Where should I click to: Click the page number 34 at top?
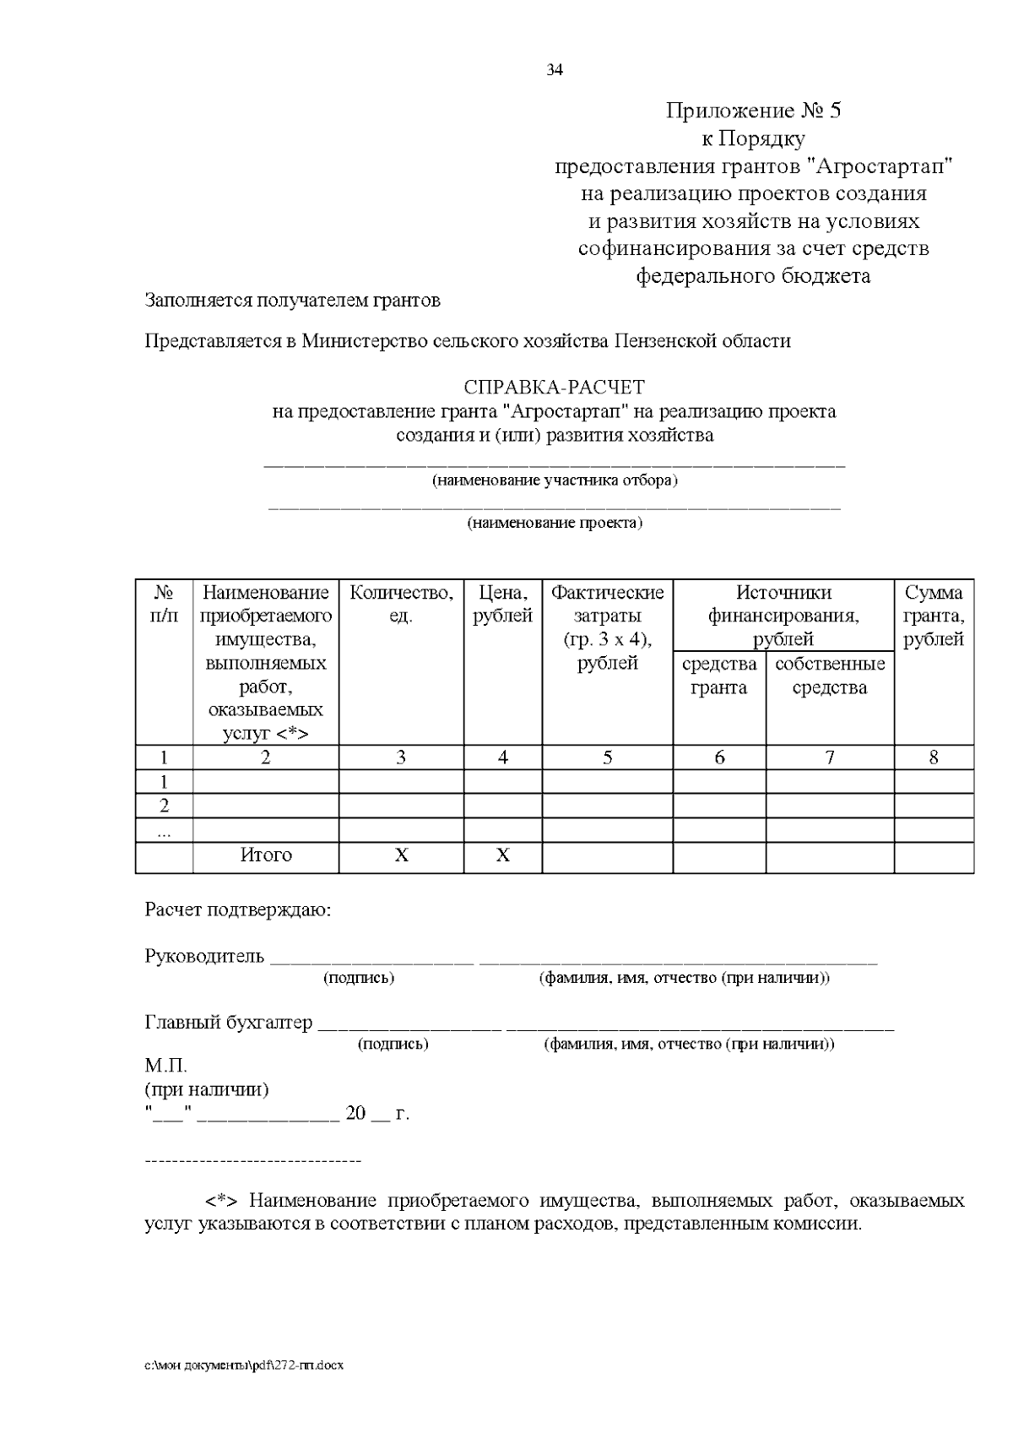point(555,70)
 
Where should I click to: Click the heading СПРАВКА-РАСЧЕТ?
point(554,388)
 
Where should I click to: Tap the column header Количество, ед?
point(401,604)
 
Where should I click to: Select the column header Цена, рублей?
point(502,604)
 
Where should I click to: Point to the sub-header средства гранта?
point(719,676)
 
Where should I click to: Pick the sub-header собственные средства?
point(830,676)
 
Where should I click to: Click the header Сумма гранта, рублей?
point(934,616)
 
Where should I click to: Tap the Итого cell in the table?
point(266,855)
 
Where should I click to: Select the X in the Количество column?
point(401,855)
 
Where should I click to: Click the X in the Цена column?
point(502,855)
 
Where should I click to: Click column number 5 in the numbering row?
point(607,757)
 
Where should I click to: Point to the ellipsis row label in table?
point(164,831)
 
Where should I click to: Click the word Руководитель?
point(204,957)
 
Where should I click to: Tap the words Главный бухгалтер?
point(229,1023)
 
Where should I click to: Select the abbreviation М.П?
point(165,1066)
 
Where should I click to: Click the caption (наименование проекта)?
point(555,523)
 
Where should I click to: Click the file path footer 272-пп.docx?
point(244,1365)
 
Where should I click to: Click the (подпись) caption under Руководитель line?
point(359,978)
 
